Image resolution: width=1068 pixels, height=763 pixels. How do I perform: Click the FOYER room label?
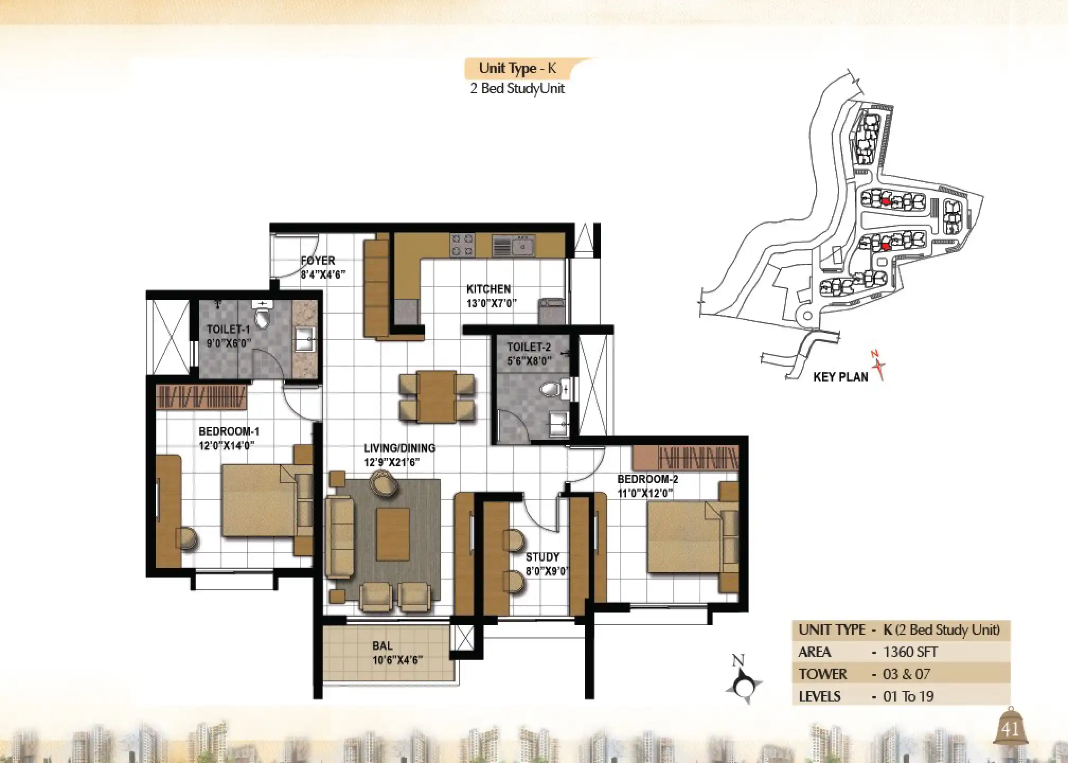tap(318, 261)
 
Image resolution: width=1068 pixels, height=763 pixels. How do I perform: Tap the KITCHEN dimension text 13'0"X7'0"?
tap(492, 304)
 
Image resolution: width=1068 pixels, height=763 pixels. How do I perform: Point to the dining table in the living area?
tap(437, 396)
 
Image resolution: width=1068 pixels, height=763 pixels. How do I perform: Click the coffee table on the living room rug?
tap(393, 534)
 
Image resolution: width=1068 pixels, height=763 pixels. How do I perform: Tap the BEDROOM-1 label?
tap(229, 431)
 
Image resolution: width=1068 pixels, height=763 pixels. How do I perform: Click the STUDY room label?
tap(542, 557)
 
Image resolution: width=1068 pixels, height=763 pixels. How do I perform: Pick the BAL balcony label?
tap(382, 646)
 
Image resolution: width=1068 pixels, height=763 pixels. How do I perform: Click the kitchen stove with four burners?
tap(461, 245)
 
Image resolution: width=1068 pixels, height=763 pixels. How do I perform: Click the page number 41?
tap(1010, 730)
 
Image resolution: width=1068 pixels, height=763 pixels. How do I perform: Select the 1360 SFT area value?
tap(910, 652)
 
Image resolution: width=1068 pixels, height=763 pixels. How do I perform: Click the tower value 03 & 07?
tap(906, 674)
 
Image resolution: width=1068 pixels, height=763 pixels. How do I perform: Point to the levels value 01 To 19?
tap(908, 696)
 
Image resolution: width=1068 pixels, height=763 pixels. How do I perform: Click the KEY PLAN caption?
tap(840, 377)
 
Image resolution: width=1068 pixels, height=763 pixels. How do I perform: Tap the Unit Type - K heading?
tap(518, 68)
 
